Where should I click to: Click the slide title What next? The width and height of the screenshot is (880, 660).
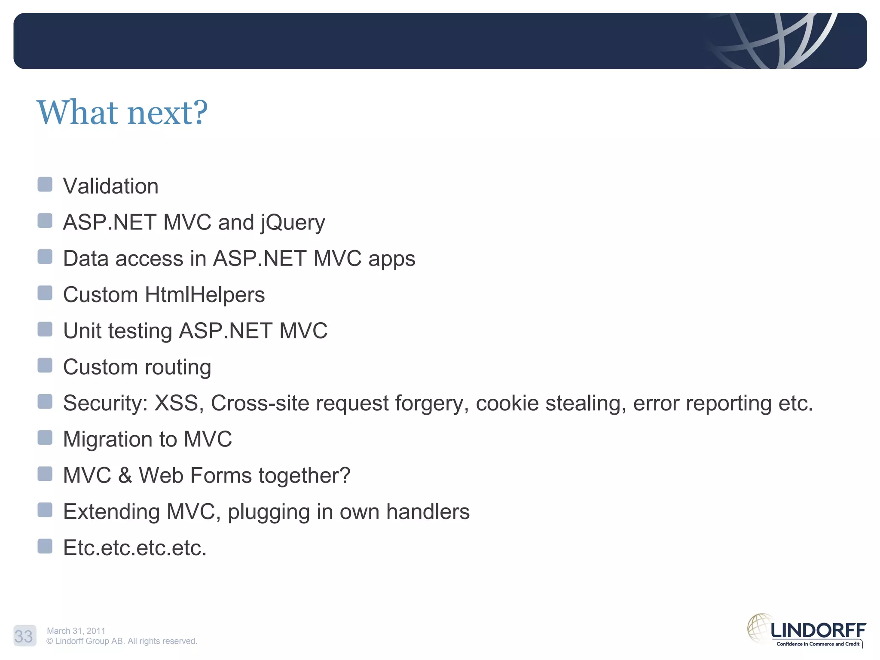(x=122, y=113)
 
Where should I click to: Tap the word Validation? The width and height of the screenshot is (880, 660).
(x=110, y=186)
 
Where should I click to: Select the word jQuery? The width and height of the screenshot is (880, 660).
(x=293, y=223)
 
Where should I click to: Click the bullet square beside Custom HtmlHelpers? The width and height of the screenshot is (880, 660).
(x=45, y=293)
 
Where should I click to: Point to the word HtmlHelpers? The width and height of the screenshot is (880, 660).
(x=205, y=295)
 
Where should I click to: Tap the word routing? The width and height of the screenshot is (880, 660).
(x=177, y=368)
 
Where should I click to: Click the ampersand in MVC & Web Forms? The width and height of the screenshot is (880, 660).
(x=125, y=476)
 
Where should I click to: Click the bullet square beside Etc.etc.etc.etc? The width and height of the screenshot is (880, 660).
(x=45, y=546)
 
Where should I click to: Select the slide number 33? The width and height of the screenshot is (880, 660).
(x=24, y=636)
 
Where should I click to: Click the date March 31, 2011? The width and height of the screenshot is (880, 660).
(x=76, y=631)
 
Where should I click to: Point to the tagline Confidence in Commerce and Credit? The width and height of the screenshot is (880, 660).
(x=818, y=644)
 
